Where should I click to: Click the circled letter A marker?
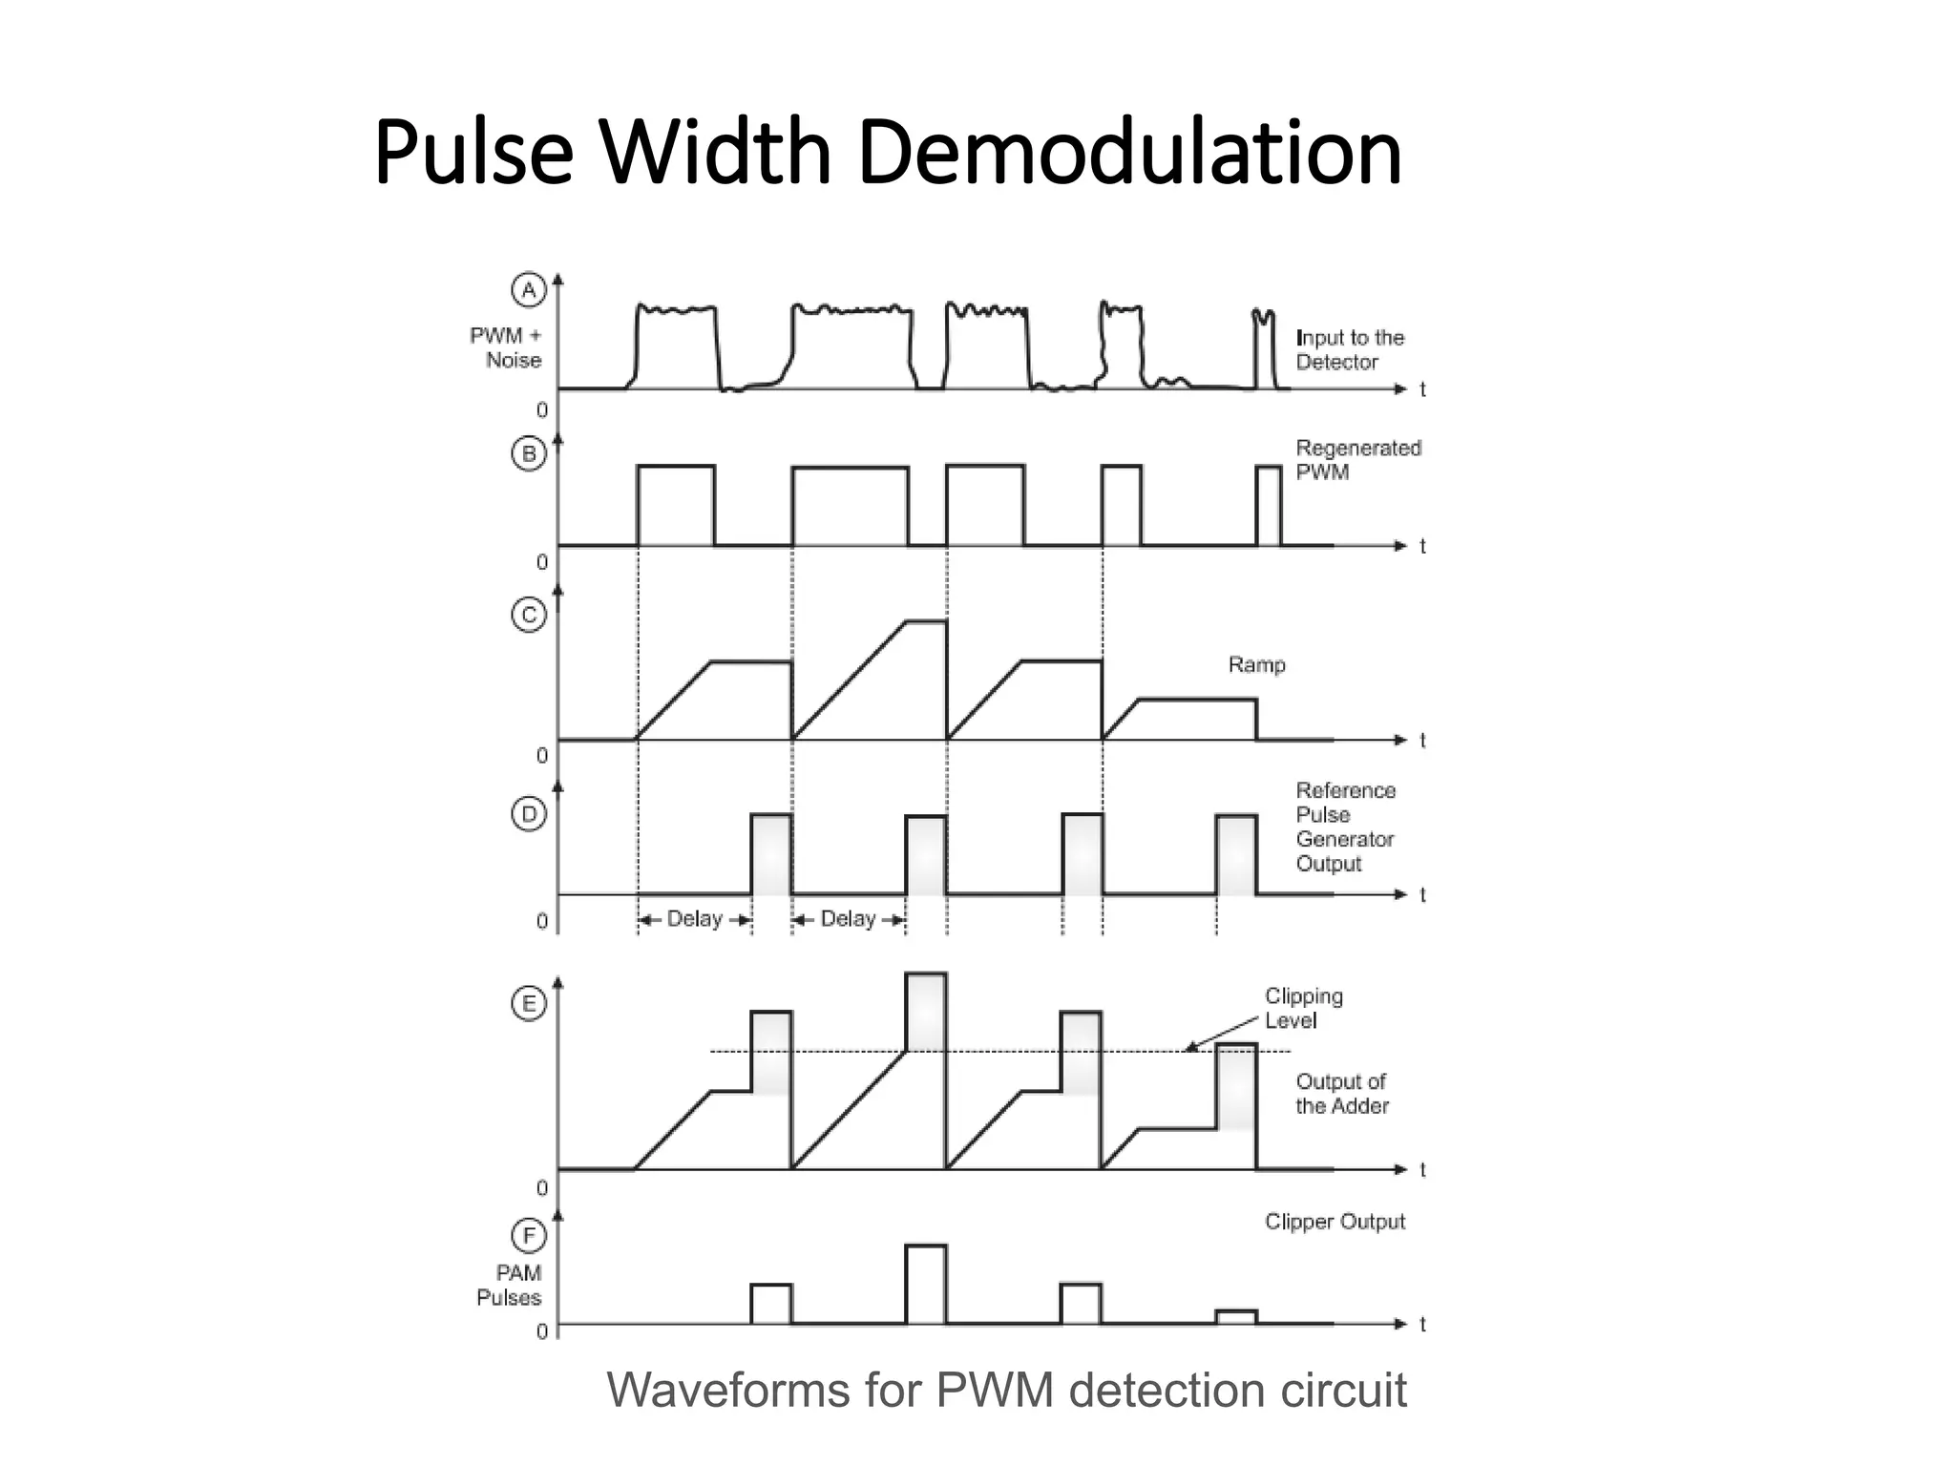pos(528,289)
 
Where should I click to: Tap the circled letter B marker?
pos(528,453)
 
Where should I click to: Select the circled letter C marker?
pos(528,615)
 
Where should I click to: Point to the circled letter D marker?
pos(528,814)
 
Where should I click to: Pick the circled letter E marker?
pos(528,1003)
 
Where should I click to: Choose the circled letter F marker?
pos(528,1236)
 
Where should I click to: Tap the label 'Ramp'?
pos(1256,664)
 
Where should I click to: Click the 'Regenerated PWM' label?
pos(1357,459)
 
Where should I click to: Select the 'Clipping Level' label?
pos(1303,1008)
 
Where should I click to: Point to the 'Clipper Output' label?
pos(1335,1222)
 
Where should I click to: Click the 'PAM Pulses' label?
pos(510,1285)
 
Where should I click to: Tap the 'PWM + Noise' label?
pos(506,347)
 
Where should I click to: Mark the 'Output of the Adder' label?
pos(1341,1094)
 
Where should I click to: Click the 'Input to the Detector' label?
pos(1349,349)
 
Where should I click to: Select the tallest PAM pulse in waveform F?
pos(926,1284)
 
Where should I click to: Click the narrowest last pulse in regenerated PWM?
pos(1269,506)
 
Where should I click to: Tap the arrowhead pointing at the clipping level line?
pos(1190,1047)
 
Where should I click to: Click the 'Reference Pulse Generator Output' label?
pos(1344,827)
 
